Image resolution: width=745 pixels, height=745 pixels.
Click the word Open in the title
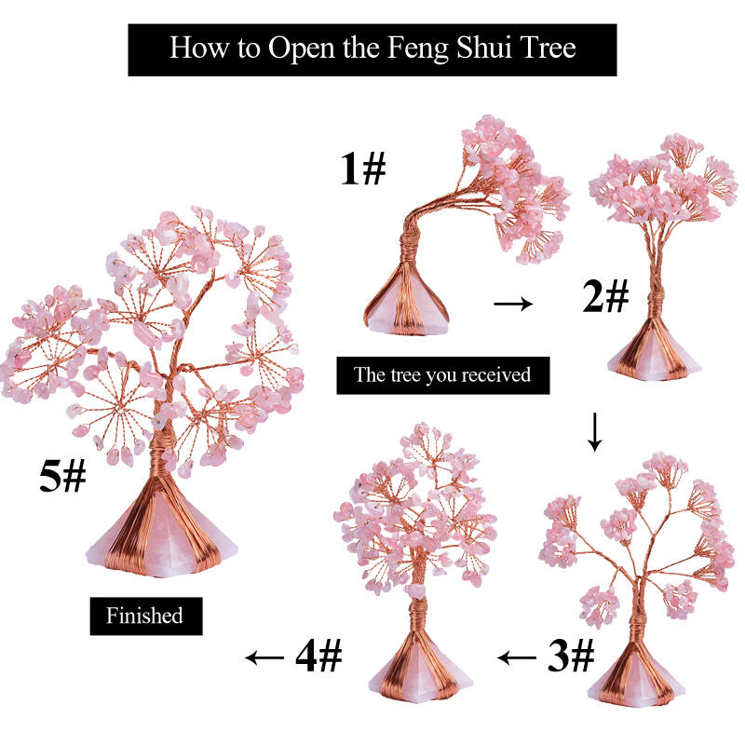(302, 49)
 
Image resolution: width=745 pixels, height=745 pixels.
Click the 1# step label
(363, 169)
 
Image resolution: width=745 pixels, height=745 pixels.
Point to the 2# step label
(606, 296)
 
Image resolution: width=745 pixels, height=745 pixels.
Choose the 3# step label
(571, 656)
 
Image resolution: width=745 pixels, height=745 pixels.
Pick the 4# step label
(318, 656)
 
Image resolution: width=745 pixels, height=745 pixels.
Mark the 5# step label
(62, 477)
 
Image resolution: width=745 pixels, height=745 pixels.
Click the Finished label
(146, 616)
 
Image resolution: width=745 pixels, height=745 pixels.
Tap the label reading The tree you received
(443, 375)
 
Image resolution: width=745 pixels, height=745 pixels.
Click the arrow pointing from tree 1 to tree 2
(513, 304)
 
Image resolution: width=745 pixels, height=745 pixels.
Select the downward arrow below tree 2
(594, 432)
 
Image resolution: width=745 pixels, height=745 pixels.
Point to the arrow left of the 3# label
(517, 657)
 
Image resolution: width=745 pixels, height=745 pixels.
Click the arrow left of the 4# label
(264, 657)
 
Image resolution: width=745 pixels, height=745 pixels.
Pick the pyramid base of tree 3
(637, 681)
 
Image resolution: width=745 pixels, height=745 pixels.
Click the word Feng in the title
(418, 49)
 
